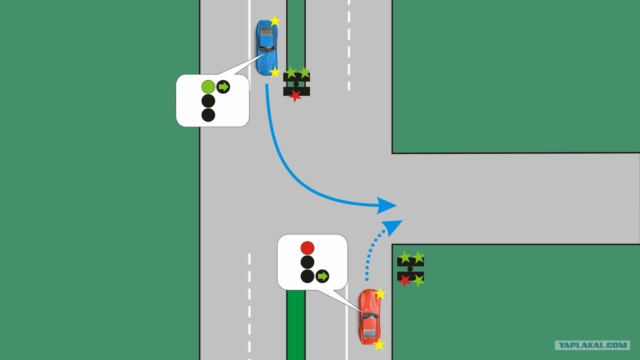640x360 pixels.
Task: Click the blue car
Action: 267,47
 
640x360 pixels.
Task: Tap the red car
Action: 370,316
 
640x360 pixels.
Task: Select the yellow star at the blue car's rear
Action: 274,21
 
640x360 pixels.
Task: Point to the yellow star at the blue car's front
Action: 275,72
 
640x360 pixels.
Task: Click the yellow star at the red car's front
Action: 380,293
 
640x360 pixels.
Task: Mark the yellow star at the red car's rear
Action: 379,344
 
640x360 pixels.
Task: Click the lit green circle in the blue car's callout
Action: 208,86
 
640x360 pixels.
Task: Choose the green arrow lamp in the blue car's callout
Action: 223,86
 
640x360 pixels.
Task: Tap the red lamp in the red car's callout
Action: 307,247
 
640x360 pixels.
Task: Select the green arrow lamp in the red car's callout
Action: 322,276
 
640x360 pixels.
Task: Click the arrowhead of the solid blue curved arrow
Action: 386,205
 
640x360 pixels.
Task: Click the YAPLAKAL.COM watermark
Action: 592,345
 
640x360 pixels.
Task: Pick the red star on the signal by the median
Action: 295,95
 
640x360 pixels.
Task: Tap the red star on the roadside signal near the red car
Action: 404,280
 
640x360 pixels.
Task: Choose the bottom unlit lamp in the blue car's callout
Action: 208,115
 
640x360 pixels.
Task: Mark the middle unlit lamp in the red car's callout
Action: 307,262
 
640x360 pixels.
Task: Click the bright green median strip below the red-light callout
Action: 296,325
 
